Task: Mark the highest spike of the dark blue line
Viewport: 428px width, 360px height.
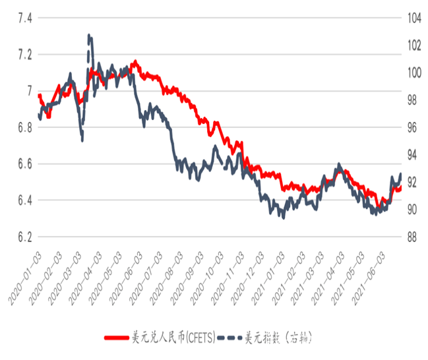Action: tap(89, 36)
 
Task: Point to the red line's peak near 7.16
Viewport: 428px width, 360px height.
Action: tap(135, 61)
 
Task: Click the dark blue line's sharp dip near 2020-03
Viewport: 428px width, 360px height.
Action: tap(82, 140)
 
